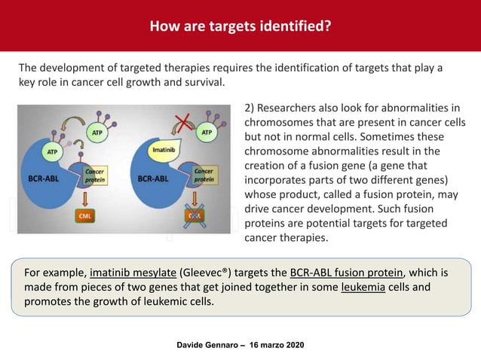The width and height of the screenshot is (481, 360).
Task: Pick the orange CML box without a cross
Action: click(x=87, y=216)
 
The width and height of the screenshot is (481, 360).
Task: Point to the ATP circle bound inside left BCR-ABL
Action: click(x=52, y=152)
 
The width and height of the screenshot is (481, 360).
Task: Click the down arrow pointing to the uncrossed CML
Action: click(x=86, y=198)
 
